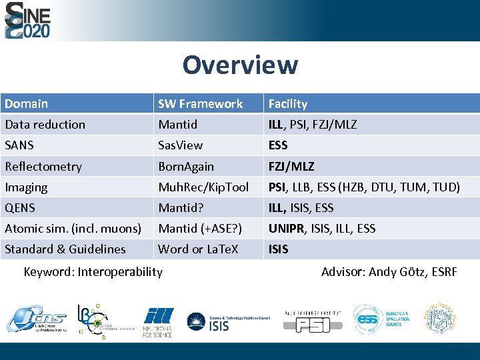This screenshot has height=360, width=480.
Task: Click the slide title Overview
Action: [240, 65]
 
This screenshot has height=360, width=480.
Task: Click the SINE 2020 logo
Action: [28, 20]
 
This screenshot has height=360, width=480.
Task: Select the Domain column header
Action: [27, 103]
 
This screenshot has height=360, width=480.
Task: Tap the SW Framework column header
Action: [200, 103]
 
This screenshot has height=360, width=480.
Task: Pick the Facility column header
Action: [287, 103]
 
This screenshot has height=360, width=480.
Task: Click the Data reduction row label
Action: [45, 125]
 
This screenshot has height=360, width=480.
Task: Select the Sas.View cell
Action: [180, 145]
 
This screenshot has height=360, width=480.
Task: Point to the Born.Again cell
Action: [185, 167]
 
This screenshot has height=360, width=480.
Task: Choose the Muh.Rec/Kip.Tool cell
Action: [203, 187]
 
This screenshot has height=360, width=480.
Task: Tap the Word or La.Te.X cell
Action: [199, 249]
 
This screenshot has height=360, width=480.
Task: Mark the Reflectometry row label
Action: [43, 167]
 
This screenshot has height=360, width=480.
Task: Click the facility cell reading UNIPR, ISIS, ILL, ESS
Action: [321, 229]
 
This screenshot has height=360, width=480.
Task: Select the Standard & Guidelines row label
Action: [65, 249]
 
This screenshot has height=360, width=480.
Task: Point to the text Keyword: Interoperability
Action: [93, 271]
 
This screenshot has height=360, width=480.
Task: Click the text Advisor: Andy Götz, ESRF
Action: [389, 271]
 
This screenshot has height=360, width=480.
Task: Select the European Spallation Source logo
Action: [381, 320]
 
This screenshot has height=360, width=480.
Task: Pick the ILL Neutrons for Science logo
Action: [157, 321]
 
